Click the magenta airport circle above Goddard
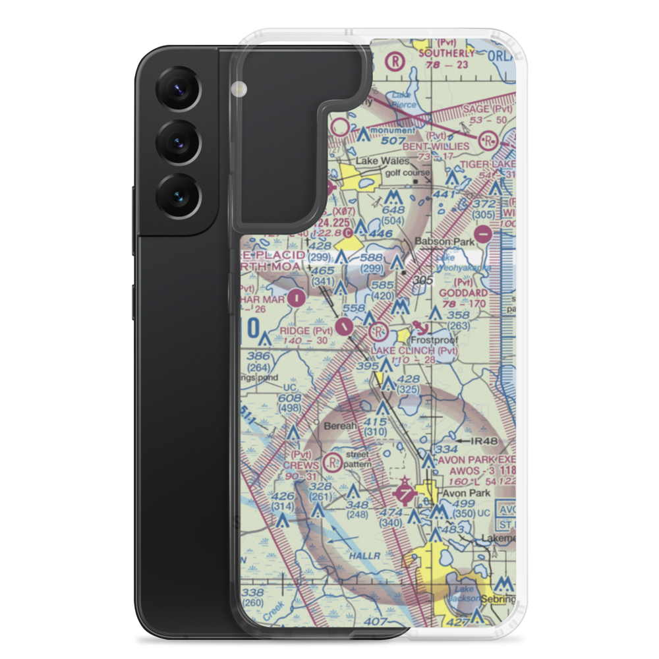[483, 233]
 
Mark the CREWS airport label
[301, 465]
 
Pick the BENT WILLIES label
[438, 146]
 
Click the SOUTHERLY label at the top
[445, 53]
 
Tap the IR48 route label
[482, 440]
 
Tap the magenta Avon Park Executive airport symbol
[403, 493]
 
